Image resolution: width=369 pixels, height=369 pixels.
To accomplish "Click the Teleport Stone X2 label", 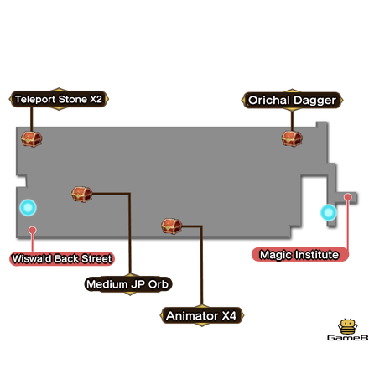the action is pyautogui.click(x=59, y=99).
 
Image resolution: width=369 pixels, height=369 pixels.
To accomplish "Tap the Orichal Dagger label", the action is pyautogui.click(x=292, y=100).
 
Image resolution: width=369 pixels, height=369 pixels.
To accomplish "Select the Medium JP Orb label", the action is pyautogui.click(x=128, y=284).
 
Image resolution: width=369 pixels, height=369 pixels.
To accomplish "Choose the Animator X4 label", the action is pyautogui.click(x=202, y=315).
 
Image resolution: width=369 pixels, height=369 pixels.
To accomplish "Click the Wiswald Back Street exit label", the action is pyautogui.click(x=62, y=258).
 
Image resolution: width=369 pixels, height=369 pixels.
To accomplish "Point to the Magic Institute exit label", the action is pyautogui.click(x=300, y=255).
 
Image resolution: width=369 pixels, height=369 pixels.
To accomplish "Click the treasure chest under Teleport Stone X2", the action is pyautogui.click(x=32, y=139).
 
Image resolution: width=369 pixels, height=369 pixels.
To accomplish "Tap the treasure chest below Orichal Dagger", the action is pyautogui.click(x=292, y=138).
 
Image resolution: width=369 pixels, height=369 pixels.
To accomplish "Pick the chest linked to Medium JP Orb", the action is pyautogui.click(x=82, y=194).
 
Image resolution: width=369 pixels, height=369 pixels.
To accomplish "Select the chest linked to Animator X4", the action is pyautogui.click(x=172, y=226).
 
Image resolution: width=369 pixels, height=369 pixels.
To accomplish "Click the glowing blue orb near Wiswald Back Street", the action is pyautogui.click(x=28, y=208).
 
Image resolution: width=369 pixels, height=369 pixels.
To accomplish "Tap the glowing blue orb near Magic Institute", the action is pyautogui.click(x=329, y=212).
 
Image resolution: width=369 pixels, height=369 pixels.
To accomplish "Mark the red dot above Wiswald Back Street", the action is pyautogui.click(x=33, y=230).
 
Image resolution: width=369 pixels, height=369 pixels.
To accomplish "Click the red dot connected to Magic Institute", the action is pyautogui.click(x=348, y=197).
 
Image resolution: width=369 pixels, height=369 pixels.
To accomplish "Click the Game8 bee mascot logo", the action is pyautogui.click(x=347, y=326).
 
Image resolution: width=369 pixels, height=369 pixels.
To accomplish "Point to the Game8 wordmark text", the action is pyautogui.click(x=348, y=338).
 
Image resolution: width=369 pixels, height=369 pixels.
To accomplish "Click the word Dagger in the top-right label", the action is pyautogui.click(x=315, y=101).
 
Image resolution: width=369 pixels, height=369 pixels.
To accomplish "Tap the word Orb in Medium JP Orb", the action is pyautogui.click(x=159, y=284).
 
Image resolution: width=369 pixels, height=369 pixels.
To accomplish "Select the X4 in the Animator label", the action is pyautogui.click(x=229, y=316).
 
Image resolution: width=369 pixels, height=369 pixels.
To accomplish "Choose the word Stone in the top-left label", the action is pyautogui.click(x=73, y=99).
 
